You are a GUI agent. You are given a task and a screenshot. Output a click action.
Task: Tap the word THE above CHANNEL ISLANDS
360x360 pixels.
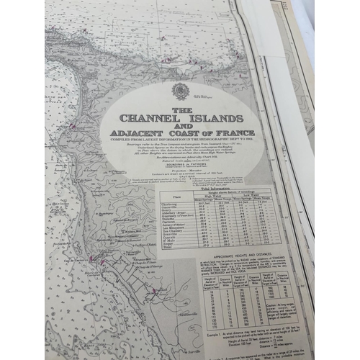click(x=181, y=109)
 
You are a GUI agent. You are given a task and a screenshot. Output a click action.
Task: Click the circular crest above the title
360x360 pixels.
click(x=180, y=90)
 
